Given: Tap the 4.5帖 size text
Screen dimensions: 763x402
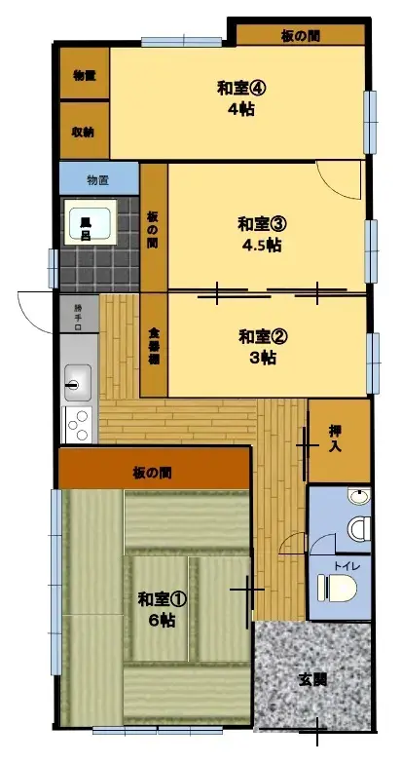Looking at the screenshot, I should [262, 246].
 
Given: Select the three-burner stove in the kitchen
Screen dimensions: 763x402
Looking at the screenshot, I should [78, 426].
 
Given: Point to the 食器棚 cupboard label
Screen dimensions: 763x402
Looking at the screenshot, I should [154, 346].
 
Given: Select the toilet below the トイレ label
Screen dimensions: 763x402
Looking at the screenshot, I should [337, 589].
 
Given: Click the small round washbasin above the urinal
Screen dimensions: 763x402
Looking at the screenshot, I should [360, 498].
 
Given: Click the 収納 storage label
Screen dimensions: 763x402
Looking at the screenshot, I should [84, 132].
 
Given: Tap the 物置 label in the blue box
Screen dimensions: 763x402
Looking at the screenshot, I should [97, 179].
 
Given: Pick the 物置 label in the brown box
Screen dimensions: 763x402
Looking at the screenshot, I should [84, 74].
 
